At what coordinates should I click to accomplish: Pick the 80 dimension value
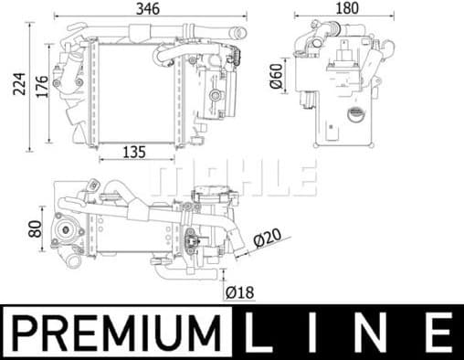[x=35, y=227]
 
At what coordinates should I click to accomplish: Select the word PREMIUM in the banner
[x=119, y=333]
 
